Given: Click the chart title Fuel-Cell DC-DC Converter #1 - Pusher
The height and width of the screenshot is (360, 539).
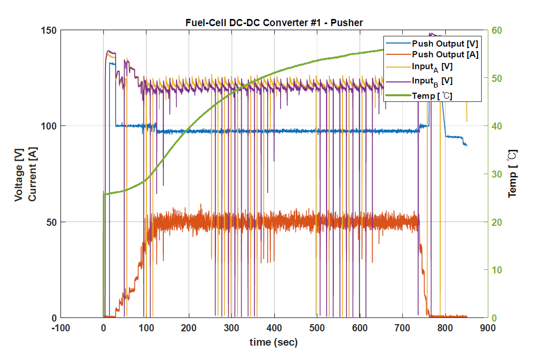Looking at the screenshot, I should [274, 23].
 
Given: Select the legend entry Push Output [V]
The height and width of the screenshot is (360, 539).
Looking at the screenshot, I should [445, 44].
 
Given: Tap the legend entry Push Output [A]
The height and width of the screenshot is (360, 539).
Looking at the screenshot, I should [445, 55].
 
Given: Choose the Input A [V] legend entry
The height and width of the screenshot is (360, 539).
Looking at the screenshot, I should [432, 67].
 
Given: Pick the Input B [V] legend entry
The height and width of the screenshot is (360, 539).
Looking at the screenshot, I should [432, 81].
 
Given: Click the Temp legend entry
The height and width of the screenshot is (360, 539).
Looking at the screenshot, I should [432, 95].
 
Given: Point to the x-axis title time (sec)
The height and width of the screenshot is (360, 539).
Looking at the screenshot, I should [273, 342].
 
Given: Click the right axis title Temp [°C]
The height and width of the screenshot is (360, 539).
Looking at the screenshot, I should [512, 174].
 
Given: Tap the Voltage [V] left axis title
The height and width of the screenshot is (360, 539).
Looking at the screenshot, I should [19, 174].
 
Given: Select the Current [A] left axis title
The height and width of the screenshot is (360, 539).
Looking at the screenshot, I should [32, 174].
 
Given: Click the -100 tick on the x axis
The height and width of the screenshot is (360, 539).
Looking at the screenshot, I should [60, 328].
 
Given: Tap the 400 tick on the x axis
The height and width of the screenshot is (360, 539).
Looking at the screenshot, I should [274, 328].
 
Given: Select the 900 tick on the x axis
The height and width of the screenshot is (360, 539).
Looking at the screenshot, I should [487, 328].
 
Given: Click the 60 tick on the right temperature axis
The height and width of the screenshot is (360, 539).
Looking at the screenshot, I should [497, 30].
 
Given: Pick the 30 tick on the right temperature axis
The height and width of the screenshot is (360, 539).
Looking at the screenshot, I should [497, 174].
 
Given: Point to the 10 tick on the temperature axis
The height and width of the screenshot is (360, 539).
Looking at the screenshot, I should [497, 270].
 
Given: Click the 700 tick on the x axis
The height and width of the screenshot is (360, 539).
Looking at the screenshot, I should [402, 328].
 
